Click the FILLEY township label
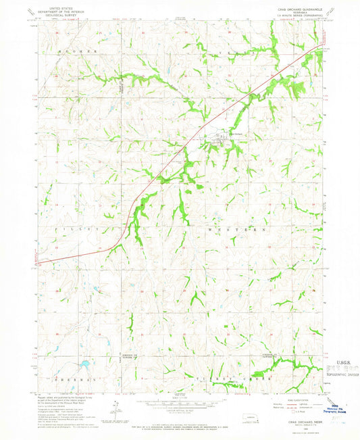coord(67,230)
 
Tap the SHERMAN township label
coord(69,381)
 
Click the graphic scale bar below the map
coord(180,403)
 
